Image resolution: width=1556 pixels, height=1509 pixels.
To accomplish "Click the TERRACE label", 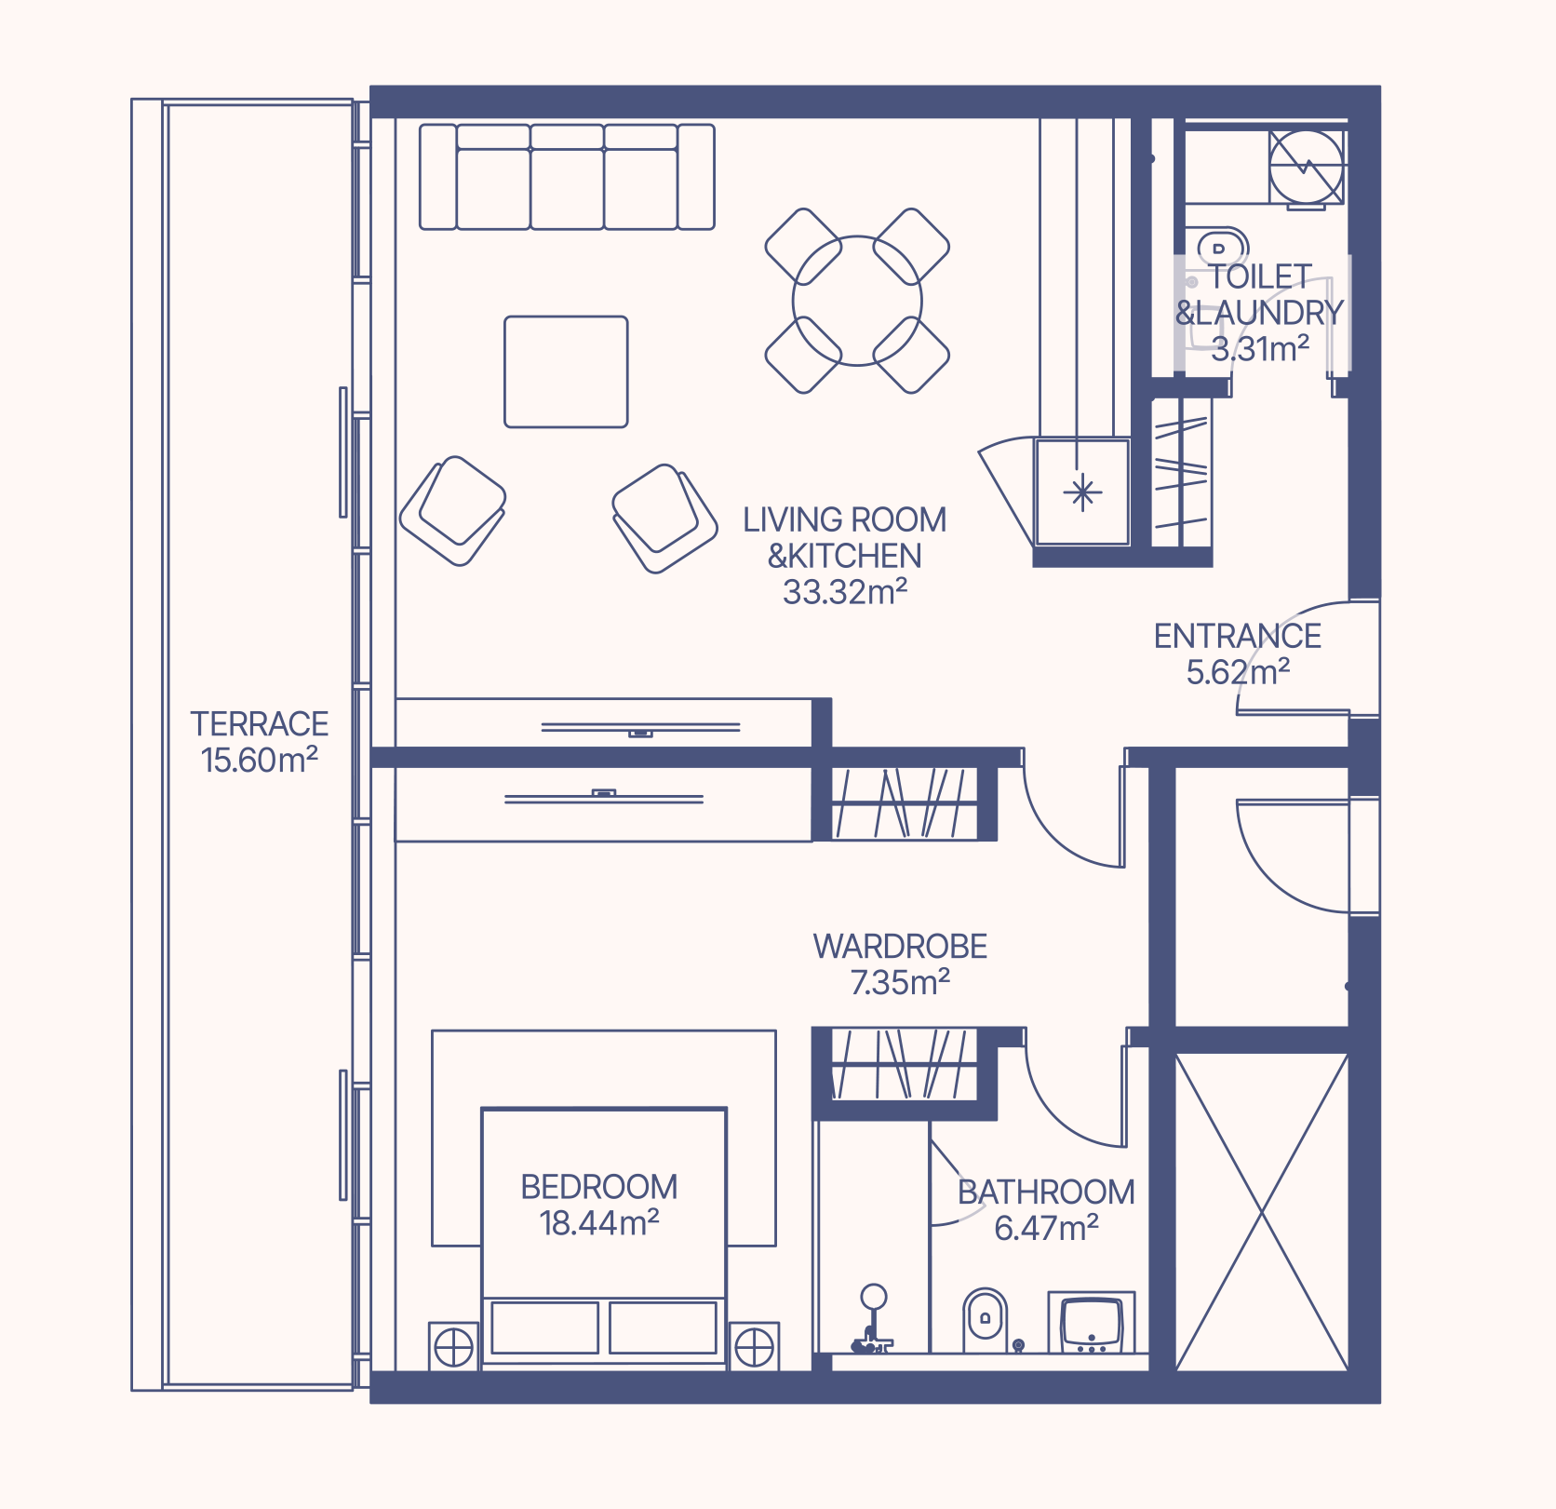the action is click(x=260, y=723).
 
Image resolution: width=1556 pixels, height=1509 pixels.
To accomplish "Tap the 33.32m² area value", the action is click(x=845, y=592).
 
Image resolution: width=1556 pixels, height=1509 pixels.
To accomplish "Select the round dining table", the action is click(x=857, y=301).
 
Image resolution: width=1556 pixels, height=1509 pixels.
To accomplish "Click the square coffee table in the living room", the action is click(x=566, y=371).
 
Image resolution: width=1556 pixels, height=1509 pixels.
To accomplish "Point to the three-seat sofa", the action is click(x=567, y=177).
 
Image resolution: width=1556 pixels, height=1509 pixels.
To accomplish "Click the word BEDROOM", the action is click(x=599, y=1187).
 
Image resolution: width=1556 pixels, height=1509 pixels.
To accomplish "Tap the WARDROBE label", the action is click(x=900, y=947).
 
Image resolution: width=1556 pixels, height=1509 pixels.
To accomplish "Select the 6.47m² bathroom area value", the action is click(x=1046, y=1229).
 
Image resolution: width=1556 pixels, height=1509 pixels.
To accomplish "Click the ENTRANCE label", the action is click(x=1238, y=636).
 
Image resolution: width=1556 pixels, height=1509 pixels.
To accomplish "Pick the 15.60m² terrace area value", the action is click(x=260, y=760).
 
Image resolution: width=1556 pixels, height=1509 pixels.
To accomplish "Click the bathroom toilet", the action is click(x=985, y=1320).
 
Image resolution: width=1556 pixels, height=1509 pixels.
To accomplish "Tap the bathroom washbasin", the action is click(x=1092, y=1322).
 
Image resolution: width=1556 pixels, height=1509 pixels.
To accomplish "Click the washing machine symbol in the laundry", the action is click(x=1307, y=167).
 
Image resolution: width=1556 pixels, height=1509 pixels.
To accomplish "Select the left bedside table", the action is click(x=454, y=1346).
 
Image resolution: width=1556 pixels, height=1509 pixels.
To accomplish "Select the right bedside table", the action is click(x=754, y=1346).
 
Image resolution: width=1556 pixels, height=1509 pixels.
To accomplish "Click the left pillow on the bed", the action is click(x=544, y=1327).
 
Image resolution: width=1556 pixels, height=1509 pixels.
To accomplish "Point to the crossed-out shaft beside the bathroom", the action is click(x=1262, y=1212).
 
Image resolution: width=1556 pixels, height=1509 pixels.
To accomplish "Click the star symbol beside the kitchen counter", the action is click(x=1082, y=492).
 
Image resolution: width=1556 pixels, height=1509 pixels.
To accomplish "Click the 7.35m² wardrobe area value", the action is click(x=900, y=983).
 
